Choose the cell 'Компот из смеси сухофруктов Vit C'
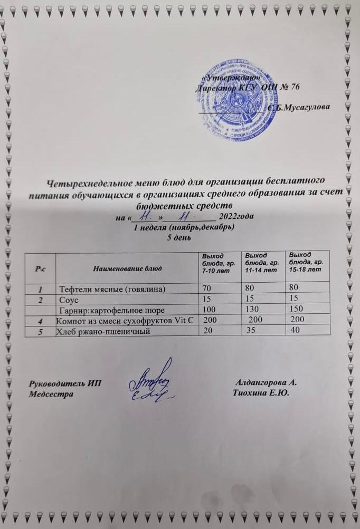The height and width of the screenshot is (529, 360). click(125, 320)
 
